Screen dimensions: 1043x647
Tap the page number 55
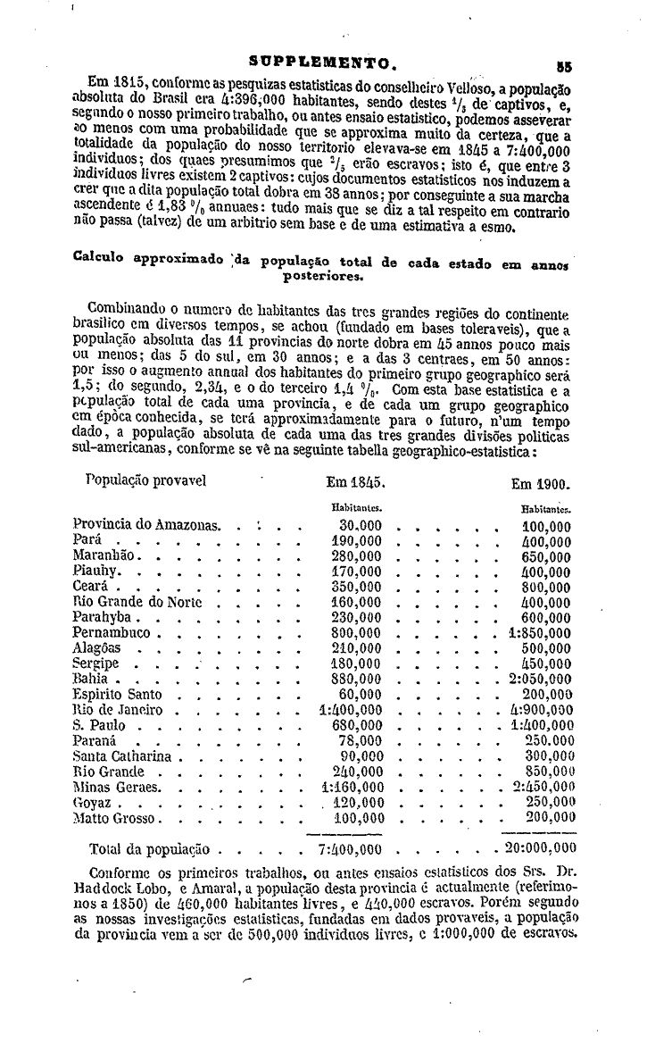[x=563, y=64]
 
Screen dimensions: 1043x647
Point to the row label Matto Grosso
[x=116, y=817]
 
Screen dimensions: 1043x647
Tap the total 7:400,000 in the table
[x=351, y=848]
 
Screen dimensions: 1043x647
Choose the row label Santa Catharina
[x=124, y=756]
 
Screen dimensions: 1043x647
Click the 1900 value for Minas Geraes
[x=542, y=787]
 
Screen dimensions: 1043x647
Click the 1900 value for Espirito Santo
[x=546, y=695]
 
